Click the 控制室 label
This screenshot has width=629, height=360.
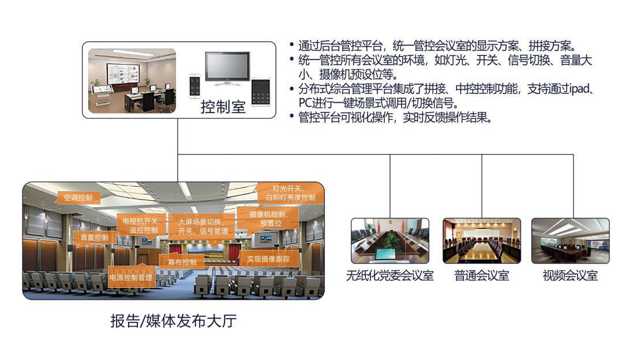[x=223, y=107]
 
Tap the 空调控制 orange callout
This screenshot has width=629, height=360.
[x=78, y=197]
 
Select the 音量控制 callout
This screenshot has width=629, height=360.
[x=93, y=237]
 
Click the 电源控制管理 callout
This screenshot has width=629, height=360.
[x=131, y=277]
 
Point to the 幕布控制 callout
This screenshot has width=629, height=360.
[x=182, y=262]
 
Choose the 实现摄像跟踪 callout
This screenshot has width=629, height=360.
[x=268, y=259]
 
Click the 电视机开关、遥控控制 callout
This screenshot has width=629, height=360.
[x=141, y=226]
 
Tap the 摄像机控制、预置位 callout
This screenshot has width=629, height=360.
[x=266, y=218]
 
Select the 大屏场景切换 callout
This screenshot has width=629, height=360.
[x=202, y=226]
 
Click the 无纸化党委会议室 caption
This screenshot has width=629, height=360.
[x=390, y=275]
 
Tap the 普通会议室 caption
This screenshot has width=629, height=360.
[x=481, y=275]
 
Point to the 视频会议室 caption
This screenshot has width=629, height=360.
[x=570, y=275]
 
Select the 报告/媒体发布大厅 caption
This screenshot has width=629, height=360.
[x=173, y=321]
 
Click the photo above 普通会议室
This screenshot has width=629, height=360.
[x=481, y=241]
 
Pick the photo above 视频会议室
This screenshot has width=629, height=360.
[x=570, y=241]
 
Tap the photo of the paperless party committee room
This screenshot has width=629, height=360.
[x=390, y=241]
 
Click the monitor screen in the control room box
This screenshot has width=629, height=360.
[x=227, y=68]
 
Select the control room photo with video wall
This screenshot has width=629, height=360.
[x=132, y=80]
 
